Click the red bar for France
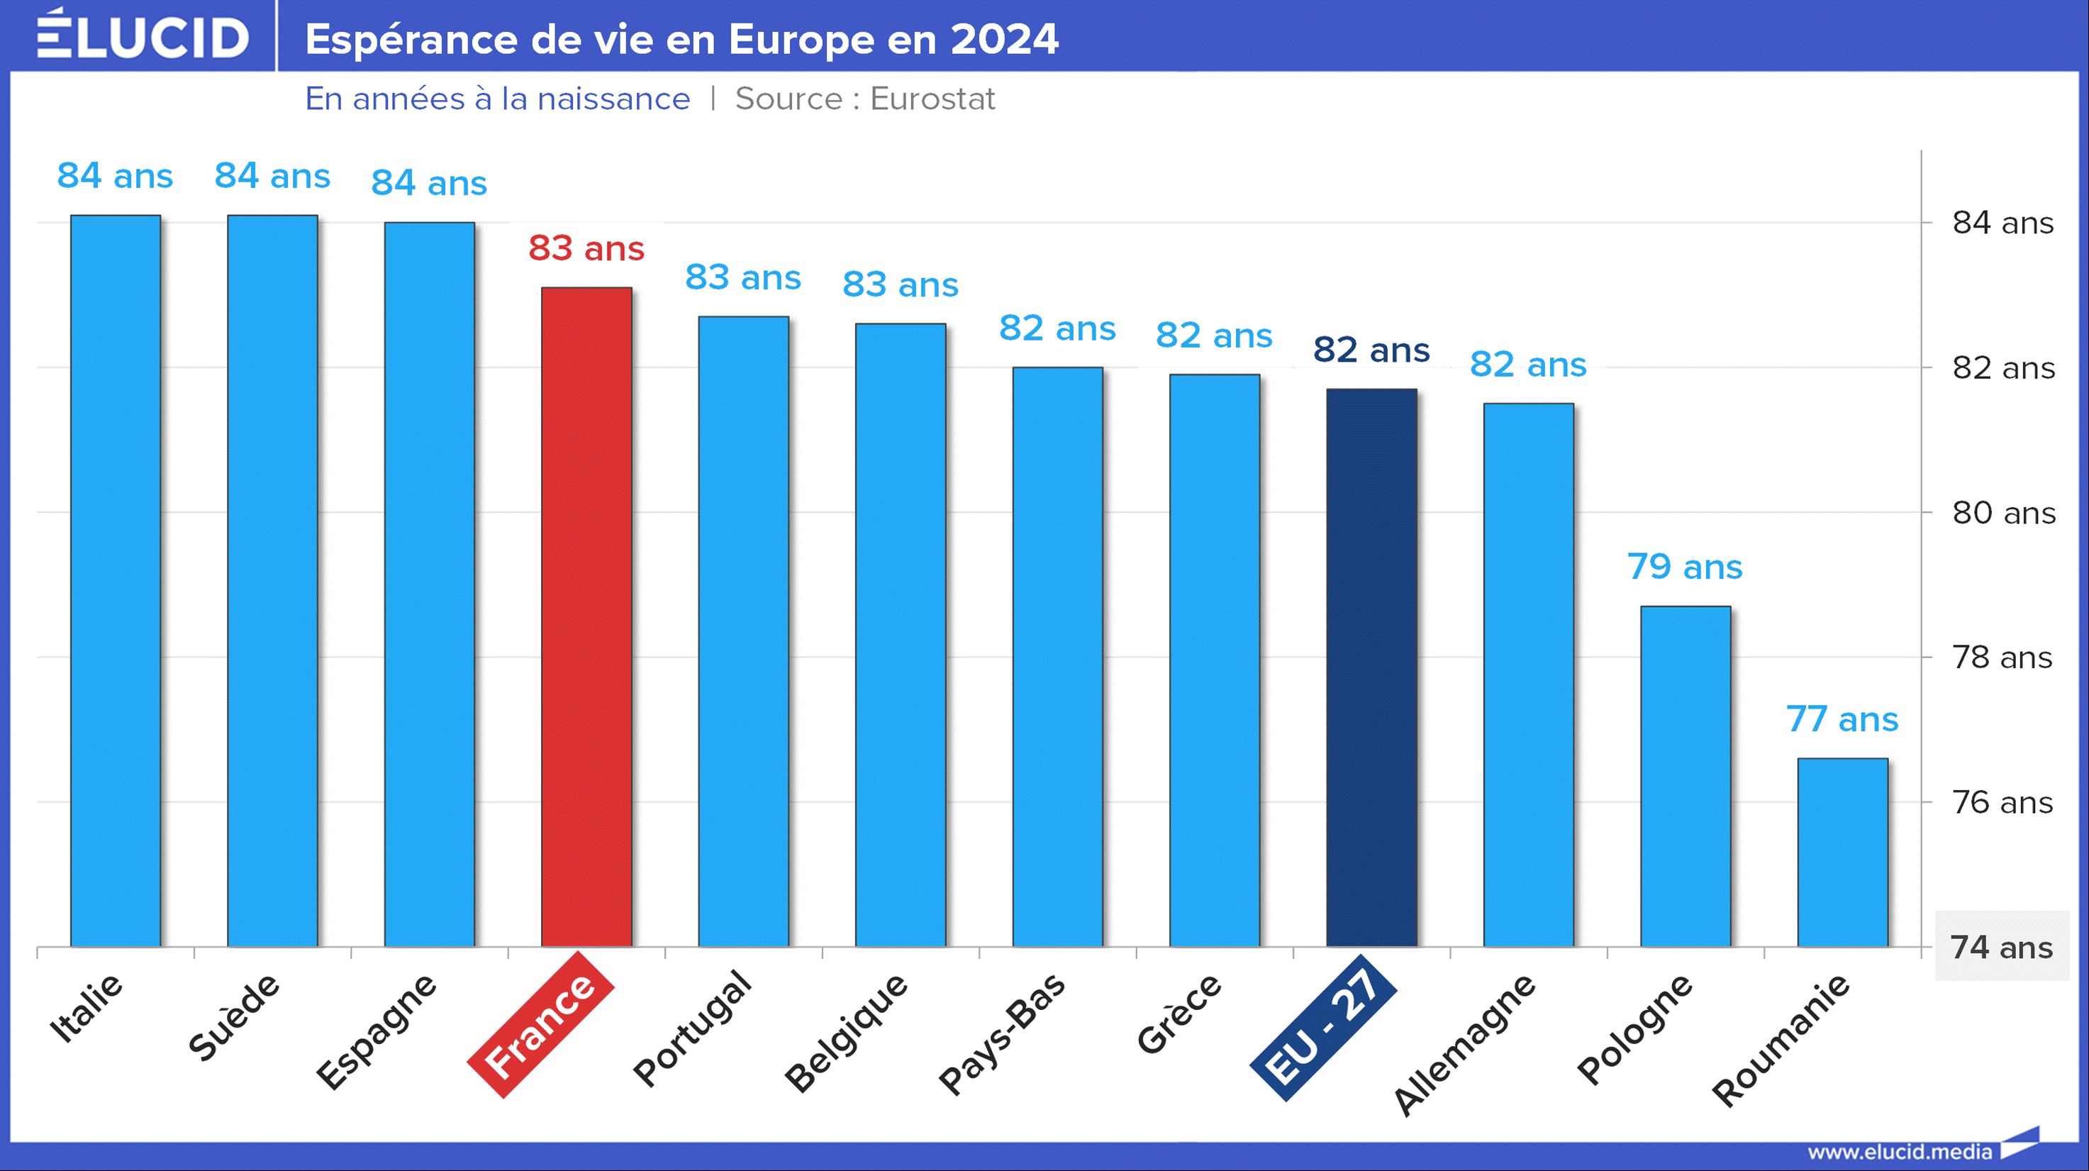pos(586,616)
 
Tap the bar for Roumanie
pos(1842,852)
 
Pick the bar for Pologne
pos(1685,775)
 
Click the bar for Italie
pos(115,579)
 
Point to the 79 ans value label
pos(1684,567)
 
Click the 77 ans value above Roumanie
pos(1842,719)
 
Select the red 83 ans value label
pos(586,248)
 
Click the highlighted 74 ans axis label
pos(2001,947)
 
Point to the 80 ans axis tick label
pos(2003,514)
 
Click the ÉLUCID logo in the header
pos(143,35)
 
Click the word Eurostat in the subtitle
pos(932,99)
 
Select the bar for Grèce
pos(1214,660)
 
